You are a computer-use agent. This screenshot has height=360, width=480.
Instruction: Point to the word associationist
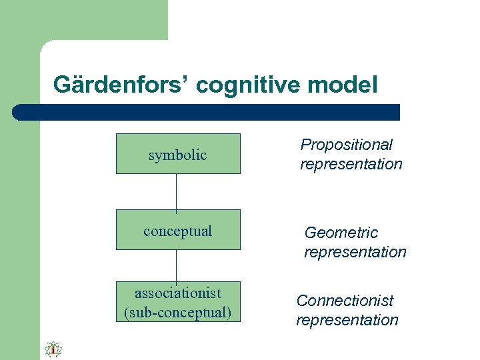(177, 293)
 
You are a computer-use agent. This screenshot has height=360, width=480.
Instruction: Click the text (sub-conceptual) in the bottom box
(177, 312)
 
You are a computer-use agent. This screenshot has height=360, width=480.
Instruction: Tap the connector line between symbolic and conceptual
(177, 192)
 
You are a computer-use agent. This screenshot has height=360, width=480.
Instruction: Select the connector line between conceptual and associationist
(177, 266)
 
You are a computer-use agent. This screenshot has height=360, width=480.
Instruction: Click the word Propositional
(346, 145)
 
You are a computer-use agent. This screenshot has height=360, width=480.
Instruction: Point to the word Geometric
(341, 233)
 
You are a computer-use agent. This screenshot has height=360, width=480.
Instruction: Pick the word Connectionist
(345, 301)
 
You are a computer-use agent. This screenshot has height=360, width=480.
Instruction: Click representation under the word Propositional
(351, 164)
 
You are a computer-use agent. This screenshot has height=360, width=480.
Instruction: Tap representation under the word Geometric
(355, 252)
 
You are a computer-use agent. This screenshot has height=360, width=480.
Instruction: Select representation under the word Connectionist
(347, 320)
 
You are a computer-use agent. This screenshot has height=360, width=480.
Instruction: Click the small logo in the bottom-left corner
(53, 349)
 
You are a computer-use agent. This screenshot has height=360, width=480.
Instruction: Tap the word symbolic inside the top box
(177, 155)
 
